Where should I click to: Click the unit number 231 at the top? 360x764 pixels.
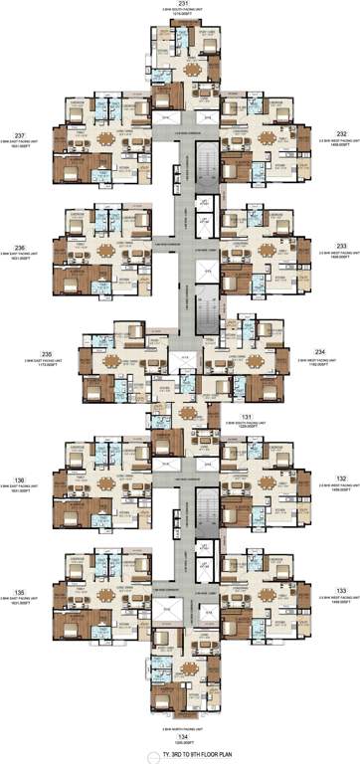coord(181,6)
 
